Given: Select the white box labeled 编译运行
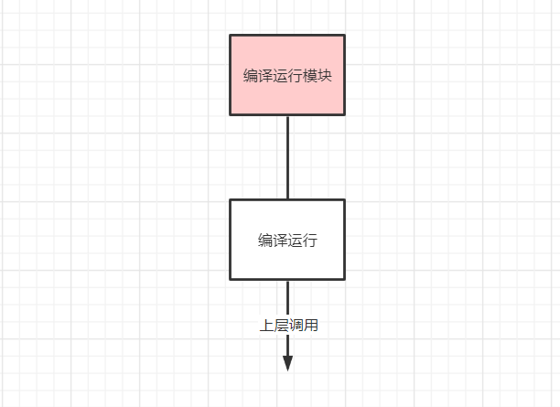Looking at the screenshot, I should click(x=287, y=220).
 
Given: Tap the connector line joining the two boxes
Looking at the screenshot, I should click(x=287, y=157).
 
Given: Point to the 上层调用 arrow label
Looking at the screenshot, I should click(x=289, y=325).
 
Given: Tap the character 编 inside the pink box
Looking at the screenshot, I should click(x=251, y=76).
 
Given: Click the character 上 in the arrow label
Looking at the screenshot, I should click(x=267, y=325).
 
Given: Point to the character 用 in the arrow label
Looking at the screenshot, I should click(x=311, y=325).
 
